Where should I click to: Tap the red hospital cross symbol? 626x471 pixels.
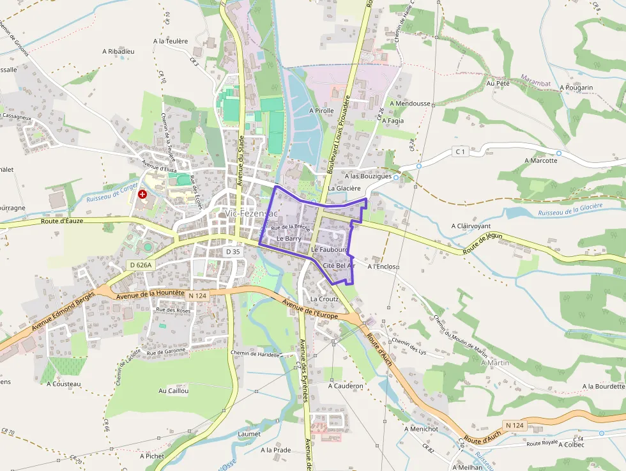pyautogui.click(x=142, y=194)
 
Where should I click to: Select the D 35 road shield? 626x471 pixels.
pyautogui.click(x=233, y=252)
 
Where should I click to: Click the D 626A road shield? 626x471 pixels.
pyautogui.click(x=141, y=265)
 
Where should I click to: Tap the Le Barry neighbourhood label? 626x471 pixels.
pyautogui.click(x=289, y=238)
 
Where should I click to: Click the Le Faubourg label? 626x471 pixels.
pyautogui.click(x=329, y=248)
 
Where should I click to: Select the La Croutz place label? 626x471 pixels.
pyautogui.click(x=324, y=298)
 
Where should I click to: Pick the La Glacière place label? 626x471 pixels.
pyautogui.click(x=344, y=189)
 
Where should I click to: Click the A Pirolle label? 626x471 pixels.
pyautogui.click(x=321, y=111)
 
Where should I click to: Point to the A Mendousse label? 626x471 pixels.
pyautogui.click(x=409, y=104)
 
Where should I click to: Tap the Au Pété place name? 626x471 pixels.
pyautogui.click(x=498, y=83)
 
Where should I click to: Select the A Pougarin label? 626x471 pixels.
pyautogui.click(x=576, y=88)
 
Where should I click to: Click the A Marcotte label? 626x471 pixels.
pyautogui.click(x=540, y=160)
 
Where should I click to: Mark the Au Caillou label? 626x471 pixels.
pyautogui.click(x=173, y=390)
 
